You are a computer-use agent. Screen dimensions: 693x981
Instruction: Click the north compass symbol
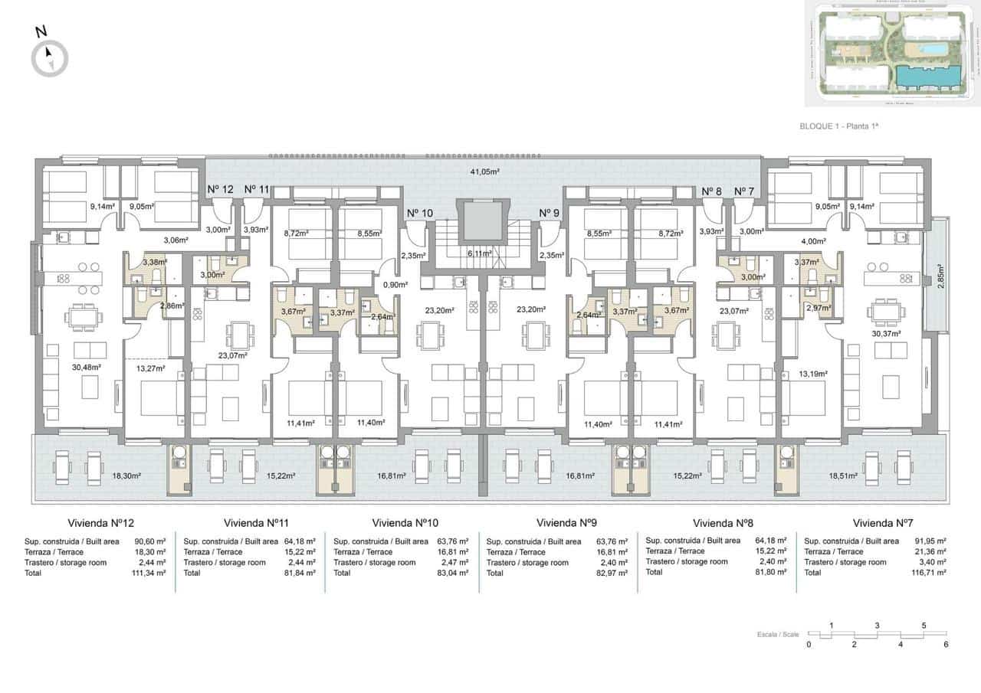tap(50, 57)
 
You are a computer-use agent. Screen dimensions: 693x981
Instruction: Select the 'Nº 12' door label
tap(221, 189)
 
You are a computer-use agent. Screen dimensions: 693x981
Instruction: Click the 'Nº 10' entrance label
tap(419, 213)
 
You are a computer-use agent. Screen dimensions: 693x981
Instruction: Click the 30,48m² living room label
tap(85, 366)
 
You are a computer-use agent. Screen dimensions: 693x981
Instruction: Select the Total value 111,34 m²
tap(149, 572)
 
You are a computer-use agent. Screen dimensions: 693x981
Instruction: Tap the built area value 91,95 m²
tap(930, 541)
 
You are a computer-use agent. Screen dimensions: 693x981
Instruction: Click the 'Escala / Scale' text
tap(778, 635)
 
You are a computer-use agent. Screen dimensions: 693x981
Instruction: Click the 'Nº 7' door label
tap(744, 191)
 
